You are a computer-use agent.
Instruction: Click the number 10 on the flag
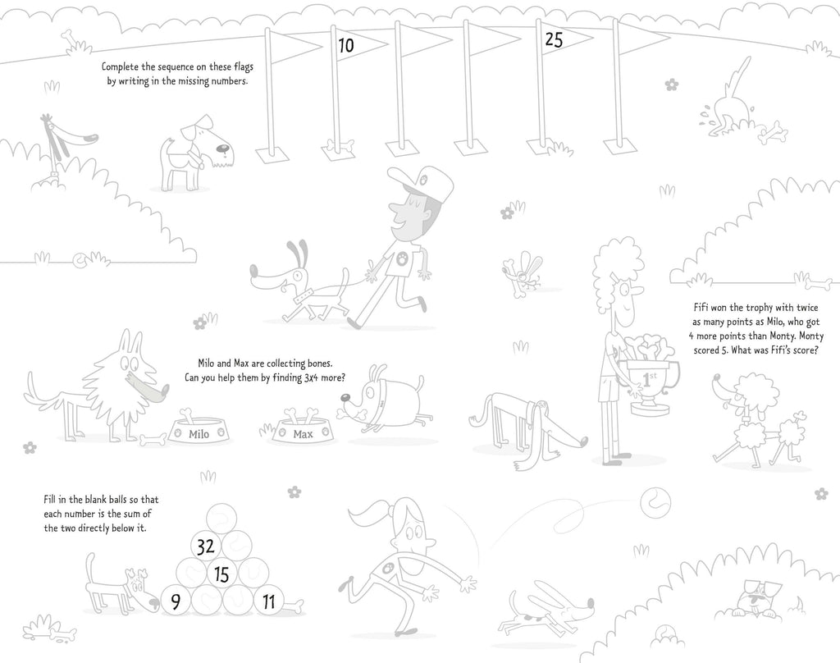click(x=346, y=45)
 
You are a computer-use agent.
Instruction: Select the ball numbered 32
click(x=206, y=546)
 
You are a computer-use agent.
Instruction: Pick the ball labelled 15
click(x=221, y=574)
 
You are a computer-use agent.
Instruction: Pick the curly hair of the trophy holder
click(x=615, y=267)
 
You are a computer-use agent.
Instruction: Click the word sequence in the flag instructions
click(x=181, y=67)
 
